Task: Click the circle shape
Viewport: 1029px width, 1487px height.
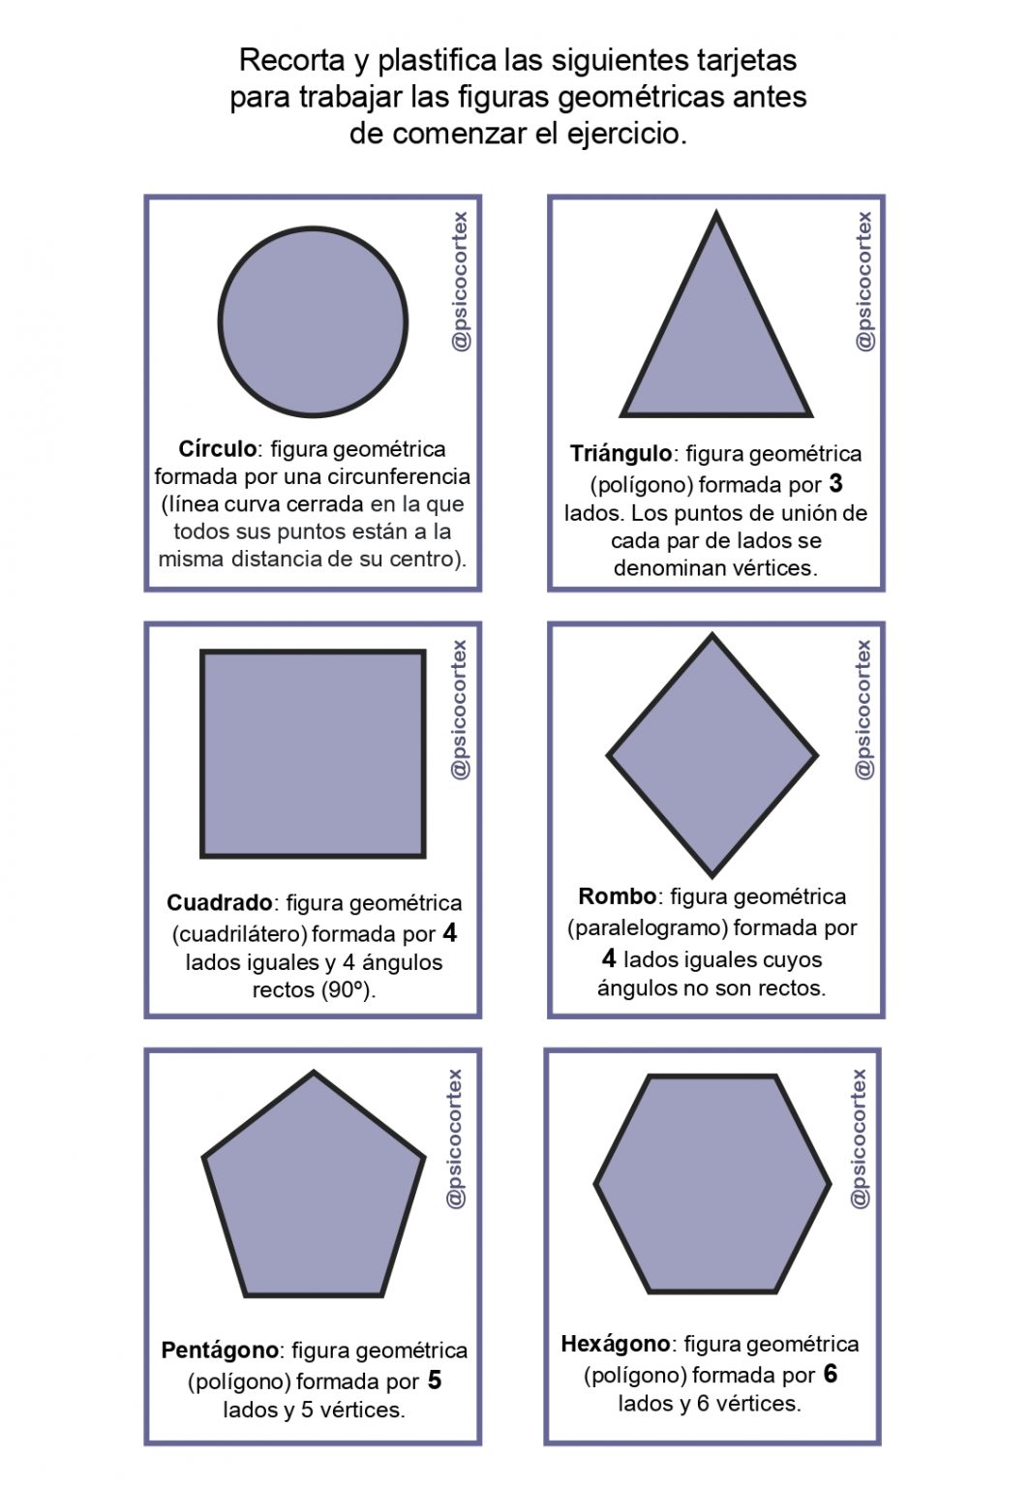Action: coord(313,322)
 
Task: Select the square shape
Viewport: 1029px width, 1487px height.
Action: coord(313,754)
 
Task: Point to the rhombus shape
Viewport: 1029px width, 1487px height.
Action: coord(712,755)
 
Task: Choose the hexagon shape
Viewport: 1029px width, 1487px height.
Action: coord(712,1183)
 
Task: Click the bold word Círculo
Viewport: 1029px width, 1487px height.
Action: coord(218,449)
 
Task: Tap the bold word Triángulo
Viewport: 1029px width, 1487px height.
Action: coord(620,454)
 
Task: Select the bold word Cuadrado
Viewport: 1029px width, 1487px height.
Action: coord(220,903)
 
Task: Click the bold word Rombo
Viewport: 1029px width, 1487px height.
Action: coord(618,896)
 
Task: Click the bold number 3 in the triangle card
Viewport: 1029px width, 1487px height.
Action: coord(836,484)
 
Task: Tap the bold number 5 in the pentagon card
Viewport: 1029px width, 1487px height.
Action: coord(435,1381)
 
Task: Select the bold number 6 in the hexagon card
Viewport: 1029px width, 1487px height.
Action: coord(831,1375)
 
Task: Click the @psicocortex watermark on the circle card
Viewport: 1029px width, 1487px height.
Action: coord(461,281)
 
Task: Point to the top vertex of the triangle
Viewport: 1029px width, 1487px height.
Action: coord(716,215)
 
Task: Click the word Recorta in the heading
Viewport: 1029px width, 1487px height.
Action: coord(291,60)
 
